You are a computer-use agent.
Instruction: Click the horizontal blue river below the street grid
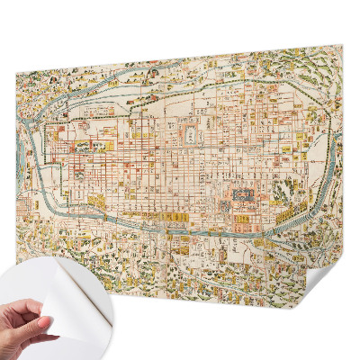[180, 226]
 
